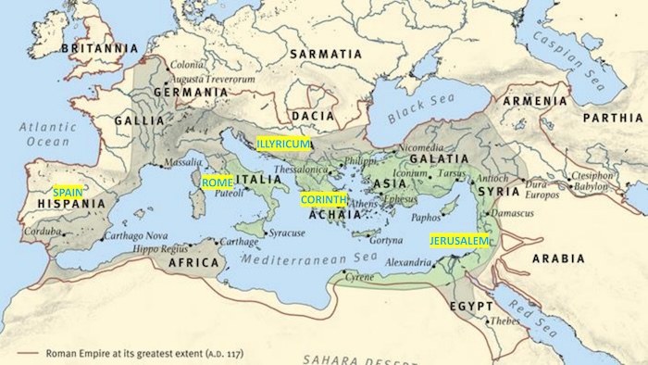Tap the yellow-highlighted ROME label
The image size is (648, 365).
218,182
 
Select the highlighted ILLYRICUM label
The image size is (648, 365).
283,145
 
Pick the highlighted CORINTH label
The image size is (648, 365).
322,199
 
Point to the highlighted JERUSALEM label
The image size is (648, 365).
458,241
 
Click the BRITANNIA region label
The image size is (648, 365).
99,47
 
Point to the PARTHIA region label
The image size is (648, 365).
612,119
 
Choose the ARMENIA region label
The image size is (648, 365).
536,100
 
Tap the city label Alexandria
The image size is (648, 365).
408,262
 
